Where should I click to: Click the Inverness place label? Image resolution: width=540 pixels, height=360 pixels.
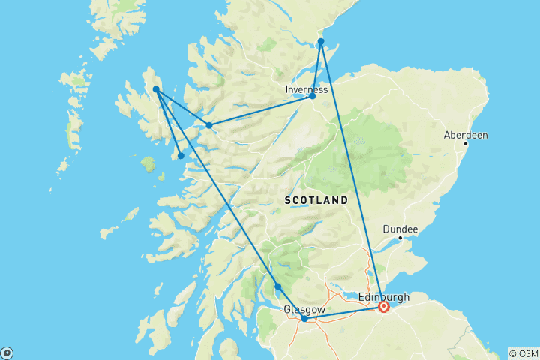(x=306, y=89)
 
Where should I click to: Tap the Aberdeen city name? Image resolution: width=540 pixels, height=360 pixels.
(x=465, y=136)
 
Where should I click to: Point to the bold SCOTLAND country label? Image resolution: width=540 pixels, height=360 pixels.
(x=316, y=201)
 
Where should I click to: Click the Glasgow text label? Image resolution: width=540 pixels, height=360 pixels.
(x=304, y=309)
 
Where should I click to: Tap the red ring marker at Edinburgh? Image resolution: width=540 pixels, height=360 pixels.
(x=384, y=306)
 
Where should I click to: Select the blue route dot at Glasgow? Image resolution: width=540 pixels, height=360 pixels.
(x=304, y=319)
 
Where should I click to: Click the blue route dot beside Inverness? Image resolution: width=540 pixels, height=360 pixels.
(x=313, y=96)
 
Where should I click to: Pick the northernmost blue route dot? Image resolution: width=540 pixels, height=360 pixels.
(x=320, y=41)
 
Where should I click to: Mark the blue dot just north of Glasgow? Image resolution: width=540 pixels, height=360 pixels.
(x=278, y=286)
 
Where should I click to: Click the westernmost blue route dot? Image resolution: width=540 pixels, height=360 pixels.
(x=156, y=89)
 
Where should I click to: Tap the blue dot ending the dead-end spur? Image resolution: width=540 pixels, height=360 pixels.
(x=181, y=156)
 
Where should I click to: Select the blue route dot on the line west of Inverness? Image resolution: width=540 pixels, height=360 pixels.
(x=208, y=125)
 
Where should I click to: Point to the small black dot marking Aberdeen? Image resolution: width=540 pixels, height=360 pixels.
(x=466, y=143)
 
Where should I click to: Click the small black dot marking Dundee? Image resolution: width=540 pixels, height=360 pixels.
(x=400, y=238)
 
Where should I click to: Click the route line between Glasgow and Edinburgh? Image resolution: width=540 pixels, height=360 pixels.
(x=345, y=312)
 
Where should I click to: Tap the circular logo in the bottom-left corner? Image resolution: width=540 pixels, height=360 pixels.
(x=7, y=352)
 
